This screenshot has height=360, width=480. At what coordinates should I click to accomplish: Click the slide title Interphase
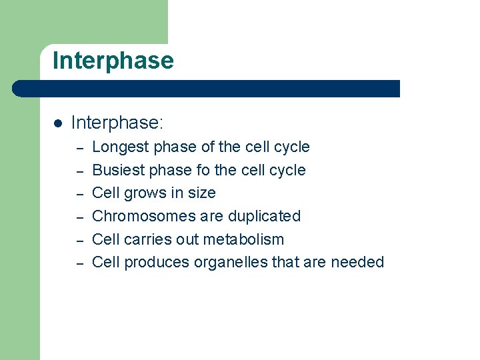[x=113, y=61]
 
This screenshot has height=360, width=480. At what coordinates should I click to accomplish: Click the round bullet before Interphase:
[x=58, y=123]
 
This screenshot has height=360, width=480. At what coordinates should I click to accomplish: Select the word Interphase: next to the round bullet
[x=117, y=123]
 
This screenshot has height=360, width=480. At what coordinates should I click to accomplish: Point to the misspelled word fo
[x=203, y=170]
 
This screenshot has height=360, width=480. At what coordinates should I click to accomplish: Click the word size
[x=201, y=193]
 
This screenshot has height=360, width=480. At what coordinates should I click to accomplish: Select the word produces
[x=157, y=263]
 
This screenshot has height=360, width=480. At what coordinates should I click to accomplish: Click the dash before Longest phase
[x=79, y=148]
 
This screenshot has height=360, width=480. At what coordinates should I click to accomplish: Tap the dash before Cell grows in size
[x=79, y=194]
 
